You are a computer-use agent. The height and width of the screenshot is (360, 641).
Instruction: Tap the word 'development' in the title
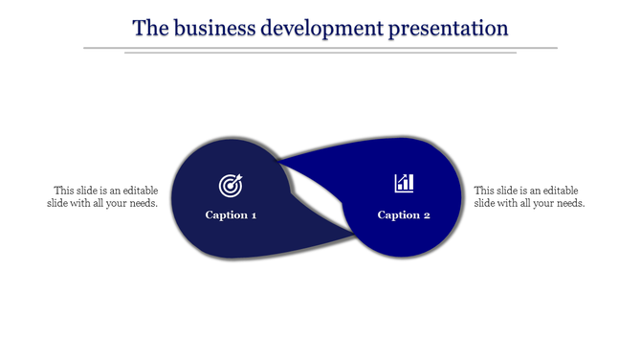click(322, 28)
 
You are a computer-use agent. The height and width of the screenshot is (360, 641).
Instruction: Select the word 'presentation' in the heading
click(449, 28)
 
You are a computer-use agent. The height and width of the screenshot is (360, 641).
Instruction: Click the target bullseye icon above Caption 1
click(231, 184)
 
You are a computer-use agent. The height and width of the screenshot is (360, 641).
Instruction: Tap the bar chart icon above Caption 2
click(404, 183)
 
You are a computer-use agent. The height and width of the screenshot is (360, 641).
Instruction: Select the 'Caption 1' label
click(231, 214)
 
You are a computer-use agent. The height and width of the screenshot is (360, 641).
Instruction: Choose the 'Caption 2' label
click(404, 214)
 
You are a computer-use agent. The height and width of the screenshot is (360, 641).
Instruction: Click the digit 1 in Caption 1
click(254, 214)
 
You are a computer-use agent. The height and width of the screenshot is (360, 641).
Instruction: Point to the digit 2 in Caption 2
click(427, 214)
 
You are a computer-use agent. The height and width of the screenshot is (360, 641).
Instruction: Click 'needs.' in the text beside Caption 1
click(144, 203)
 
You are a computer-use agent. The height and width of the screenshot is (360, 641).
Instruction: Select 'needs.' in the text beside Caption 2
click(569, 203)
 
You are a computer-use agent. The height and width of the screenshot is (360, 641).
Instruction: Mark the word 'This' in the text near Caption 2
click(485, 190)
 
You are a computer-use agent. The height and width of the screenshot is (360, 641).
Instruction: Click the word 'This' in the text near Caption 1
click(64, 190)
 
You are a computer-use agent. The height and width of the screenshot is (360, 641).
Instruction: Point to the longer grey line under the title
click(320, 47)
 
